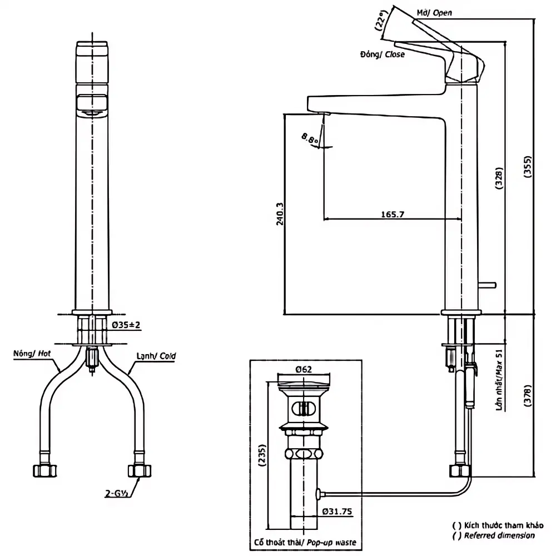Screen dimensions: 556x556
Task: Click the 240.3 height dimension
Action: coord(280,214)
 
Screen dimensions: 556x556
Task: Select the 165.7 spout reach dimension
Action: coord(393,215)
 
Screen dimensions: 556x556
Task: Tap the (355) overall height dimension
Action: coord(528,166)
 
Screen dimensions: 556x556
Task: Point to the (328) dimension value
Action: coord(499,178)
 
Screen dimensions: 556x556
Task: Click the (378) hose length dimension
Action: coord(528,396)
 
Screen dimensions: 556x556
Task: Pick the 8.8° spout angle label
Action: coord(310,138)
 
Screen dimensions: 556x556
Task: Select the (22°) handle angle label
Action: coord(380,20)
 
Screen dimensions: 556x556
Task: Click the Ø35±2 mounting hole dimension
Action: coord(126,325)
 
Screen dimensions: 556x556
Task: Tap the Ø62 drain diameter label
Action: coord(304,370)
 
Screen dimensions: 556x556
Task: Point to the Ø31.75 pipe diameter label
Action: coord(337,512)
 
